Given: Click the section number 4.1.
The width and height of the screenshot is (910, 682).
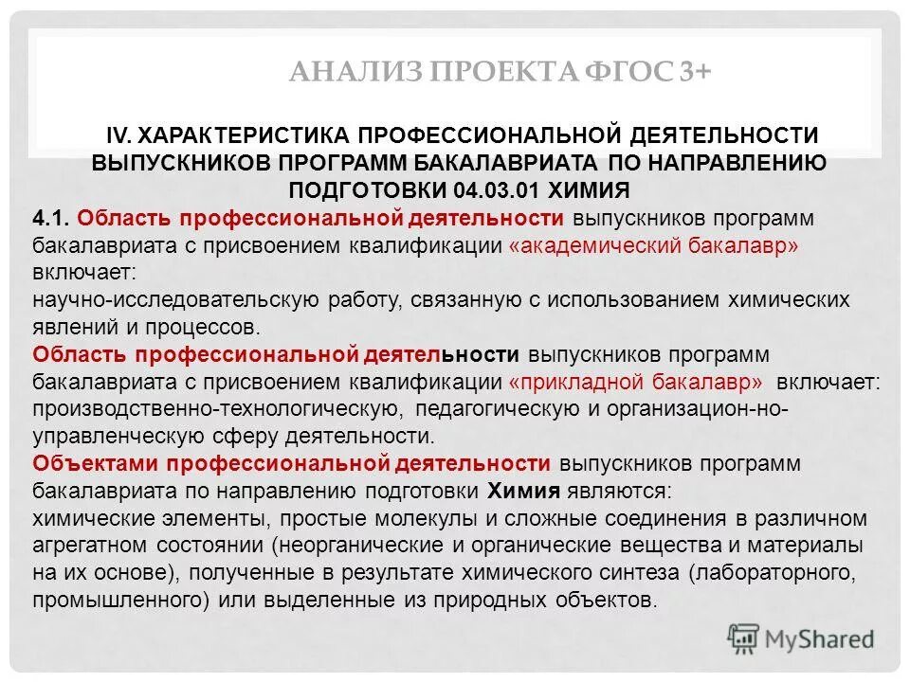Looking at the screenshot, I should point(51,218).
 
